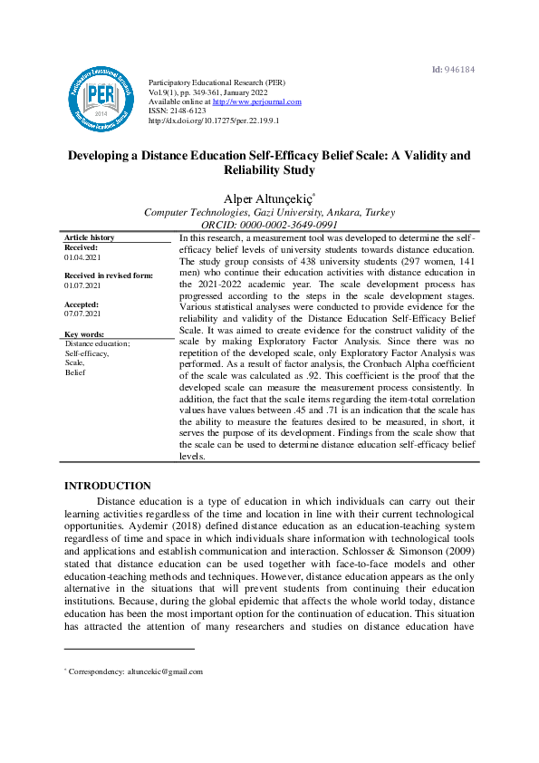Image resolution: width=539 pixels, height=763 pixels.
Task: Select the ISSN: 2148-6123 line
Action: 178,111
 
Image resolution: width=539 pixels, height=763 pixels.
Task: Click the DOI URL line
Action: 213,121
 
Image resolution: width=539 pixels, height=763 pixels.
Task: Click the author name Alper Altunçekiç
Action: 268,198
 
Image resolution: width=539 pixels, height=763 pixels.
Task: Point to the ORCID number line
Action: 269,225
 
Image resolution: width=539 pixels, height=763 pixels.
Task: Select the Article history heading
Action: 90,237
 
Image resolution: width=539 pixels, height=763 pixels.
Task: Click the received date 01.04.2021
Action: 82,257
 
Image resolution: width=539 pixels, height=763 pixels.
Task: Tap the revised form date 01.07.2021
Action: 82,285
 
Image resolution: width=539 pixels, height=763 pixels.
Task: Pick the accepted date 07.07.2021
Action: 82,314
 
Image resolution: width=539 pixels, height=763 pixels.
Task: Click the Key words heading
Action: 84,334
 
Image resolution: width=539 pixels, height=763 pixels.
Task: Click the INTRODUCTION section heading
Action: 107,486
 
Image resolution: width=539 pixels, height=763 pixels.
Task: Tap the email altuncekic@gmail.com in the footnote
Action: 166,671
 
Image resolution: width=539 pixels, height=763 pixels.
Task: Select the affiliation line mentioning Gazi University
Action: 269,212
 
